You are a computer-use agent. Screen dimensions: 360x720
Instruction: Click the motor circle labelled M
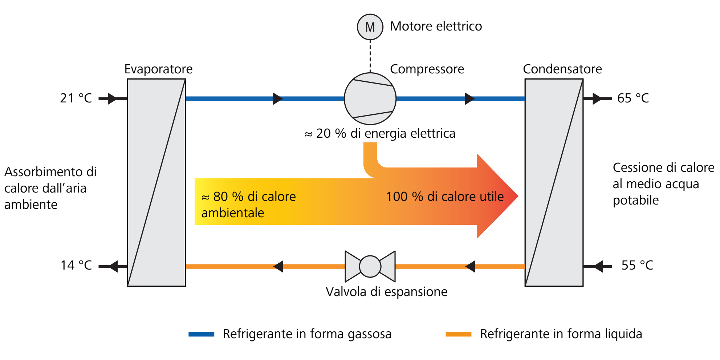pos(370,27)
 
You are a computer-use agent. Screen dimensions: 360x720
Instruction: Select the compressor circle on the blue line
pos(370,99)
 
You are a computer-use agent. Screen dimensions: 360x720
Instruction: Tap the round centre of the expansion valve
pos(370,266)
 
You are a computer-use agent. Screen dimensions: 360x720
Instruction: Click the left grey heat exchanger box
pos(156,182)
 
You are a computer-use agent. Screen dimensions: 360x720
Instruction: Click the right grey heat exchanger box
pos(554,182)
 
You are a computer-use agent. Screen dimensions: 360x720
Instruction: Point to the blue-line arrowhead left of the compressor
pos(278,98)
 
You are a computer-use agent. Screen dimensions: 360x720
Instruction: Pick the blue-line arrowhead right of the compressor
pos(469,98)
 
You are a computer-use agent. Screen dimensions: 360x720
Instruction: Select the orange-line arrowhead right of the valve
pos(471,266)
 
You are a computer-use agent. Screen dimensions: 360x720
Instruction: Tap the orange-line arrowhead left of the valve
pos(278,266)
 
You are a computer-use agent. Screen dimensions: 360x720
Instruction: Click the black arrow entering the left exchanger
pos(112,98)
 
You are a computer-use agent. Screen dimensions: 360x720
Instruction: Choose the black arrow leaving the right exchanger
pos(597,98)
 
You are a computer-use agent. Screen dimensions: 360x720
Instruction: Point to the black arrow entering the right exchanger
pos(598,266)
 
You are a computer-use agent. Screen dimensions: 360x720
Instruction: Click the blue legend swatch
pos(202,334)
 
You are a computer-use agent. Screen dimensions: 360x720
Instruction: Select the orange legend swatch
pos(459,334)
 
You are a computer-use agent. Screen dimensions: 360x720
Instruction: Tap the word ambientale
pos(233,213)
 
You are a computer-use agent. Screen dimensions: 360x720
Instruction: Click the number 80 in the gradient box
pos(220,197)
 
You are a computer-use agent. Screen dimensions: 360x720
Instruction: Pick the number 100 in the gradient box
pos(397,197)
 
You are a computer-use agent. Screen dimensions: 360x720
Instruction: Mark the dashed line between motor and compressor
pos(370,56)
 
